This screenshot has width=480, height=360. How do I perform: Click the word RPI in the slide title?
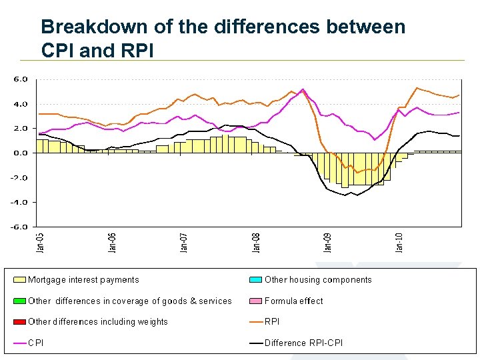[135, 50]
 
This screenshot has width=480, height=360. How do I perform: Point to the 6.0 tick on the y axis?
[21, 79]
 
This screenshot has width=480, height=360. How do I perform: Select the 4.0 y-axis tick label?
[21, 103]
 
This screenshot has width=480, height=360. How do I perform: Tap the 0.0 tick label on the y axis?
[21, 153]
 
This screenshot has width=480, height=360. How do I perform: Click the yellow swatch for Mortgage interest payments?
[19, 280]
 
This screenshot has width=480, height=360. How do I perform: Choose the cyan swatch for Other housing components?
[256, 280]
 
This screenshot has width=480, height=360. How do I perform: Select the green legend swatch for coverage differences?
[19, 301]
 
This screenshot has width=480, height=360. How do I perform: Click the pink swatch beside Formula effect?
[256, 301]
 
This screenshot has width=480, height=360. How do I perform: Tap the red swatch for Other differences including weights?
[19, 322]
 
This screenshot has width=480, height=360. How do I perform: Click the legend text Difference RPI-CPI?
[303, 343]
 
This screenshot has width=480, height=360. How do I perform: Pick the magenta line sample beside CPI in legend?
[19, 343]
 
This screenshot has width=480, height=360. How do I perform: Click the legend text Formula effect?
[293, 301]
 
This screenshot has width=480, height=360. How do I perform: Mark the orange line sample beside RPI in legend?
[256, 322]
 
